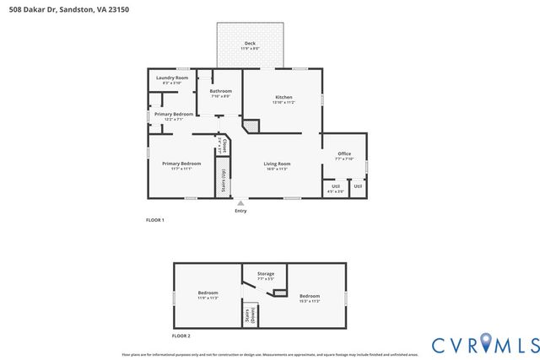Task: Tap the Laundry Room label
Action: [x=171, y=78]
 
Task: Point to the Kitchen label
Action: [x=283, y=97]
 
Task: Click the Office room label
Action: [x=344, y=153]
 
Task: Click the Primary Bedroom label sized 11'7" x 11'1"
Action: [x=181, y=163]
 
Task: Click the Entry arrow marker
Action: [x=241, y=202]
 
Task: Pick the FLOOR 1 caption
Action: [x=154, y=220]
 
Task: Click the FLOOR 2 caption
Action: [x=181, y=336]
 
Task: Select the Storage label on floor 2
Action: [x=266, y=274]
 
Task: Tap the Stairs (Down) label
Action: [x=248, y=315]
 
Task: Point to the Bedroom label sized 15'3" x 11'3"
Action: [x=310, y=296]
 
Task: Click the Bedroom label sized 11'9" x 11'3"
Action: [x=208, y=294]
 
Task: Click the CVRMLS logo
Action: [x=485, y=343]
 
